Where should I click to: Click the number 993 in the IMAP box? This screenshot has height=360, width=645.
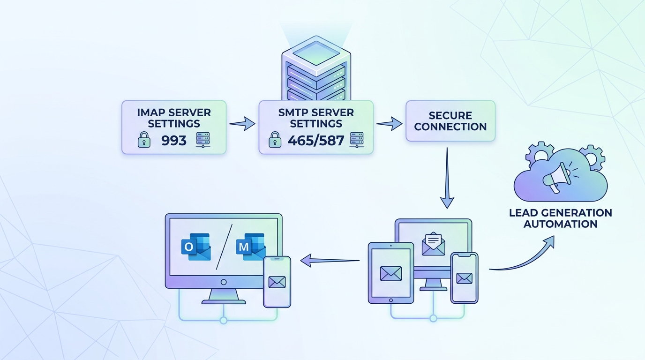173,140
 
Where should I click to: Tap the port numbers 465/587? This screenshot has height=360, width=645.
316,140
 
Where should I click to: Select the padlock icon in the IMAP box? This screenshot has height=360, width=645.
144,140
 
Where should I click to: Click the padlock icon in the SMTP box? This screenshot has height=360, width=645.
275,140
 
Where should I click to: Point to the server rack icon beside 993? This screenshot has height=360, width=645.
203,140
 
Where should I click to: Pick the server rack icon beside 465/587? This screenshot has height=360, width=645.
357,140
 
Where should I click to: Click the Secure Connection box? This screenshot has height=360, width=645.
450,121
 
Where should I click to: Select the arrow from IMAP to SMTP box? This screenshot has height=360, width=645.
242,124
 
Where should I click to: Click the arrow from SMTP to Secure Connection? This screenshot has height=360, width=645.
389,124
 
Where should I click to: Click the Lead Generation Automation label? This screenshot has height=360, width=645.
560,218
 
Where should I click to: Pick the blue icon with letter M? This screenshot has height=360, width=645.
250,247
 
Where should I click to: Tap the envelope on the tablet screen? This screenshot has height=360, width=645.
390,273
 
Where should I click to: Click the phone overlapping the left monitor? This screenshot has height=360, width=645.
277,281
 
